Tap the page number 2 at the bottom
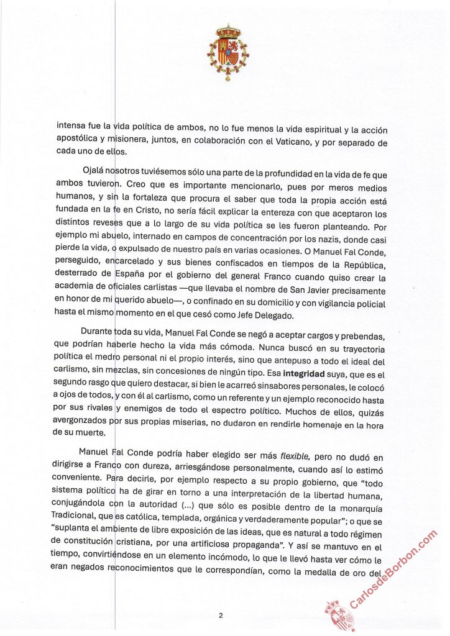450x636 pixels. tap(220, 615)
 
